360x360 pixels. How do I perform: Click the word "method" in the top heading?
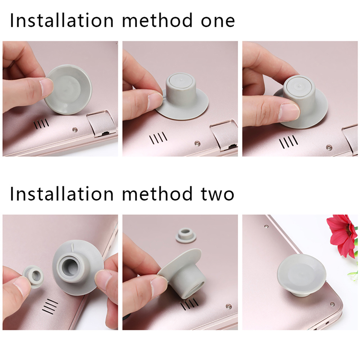157,20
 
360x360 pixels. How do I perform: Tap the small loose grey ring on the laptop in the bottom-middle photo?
186,235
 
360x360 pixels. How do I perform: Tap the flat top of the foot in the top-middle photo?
180,82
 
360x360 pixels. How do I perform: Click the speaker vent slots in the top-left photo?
41,124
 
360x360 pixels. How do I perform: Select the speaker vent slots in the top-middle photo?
158,138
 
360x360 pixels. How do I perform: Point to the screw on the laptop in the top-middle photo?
197,143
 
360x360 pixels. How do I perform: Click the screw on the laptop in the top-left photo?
75,130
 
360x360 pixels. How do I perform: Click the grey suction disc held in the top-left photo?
68,90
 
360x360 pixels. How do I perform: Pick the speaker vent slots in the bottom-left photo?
49,306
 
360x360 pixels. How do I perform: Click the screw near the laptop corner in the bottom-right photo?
332,305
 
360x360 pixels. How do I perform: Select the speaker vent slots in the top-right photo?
288,142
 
